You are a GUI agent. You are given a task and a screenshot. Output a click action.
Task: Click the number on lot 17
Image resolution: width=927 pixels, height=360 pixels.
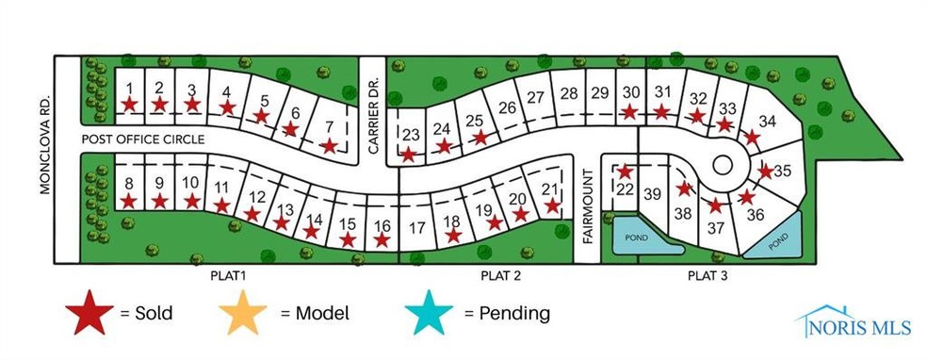click(x=418, y=226)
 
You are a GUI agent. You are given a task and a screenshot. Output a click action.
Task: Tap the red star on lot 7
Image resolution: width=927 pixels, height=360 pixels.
click(x=329, y=146)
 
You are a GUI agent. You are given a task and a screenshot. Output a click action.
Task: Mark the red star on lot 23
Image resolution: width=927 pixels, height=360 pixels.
click(x=408, y=154)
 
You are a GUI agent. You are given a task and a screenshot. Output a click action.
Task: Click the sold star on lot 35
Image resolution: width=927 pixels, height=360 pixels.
click(x=766, y=172)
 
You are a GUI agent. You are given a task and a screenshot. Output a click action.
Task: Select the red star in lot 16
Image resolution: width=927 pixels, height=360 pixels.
click(x=381, y=240)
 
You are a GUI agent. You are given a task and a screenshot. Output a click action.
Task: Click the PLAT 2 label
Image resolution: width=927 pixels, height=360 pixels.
click(x=495, y=276)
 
